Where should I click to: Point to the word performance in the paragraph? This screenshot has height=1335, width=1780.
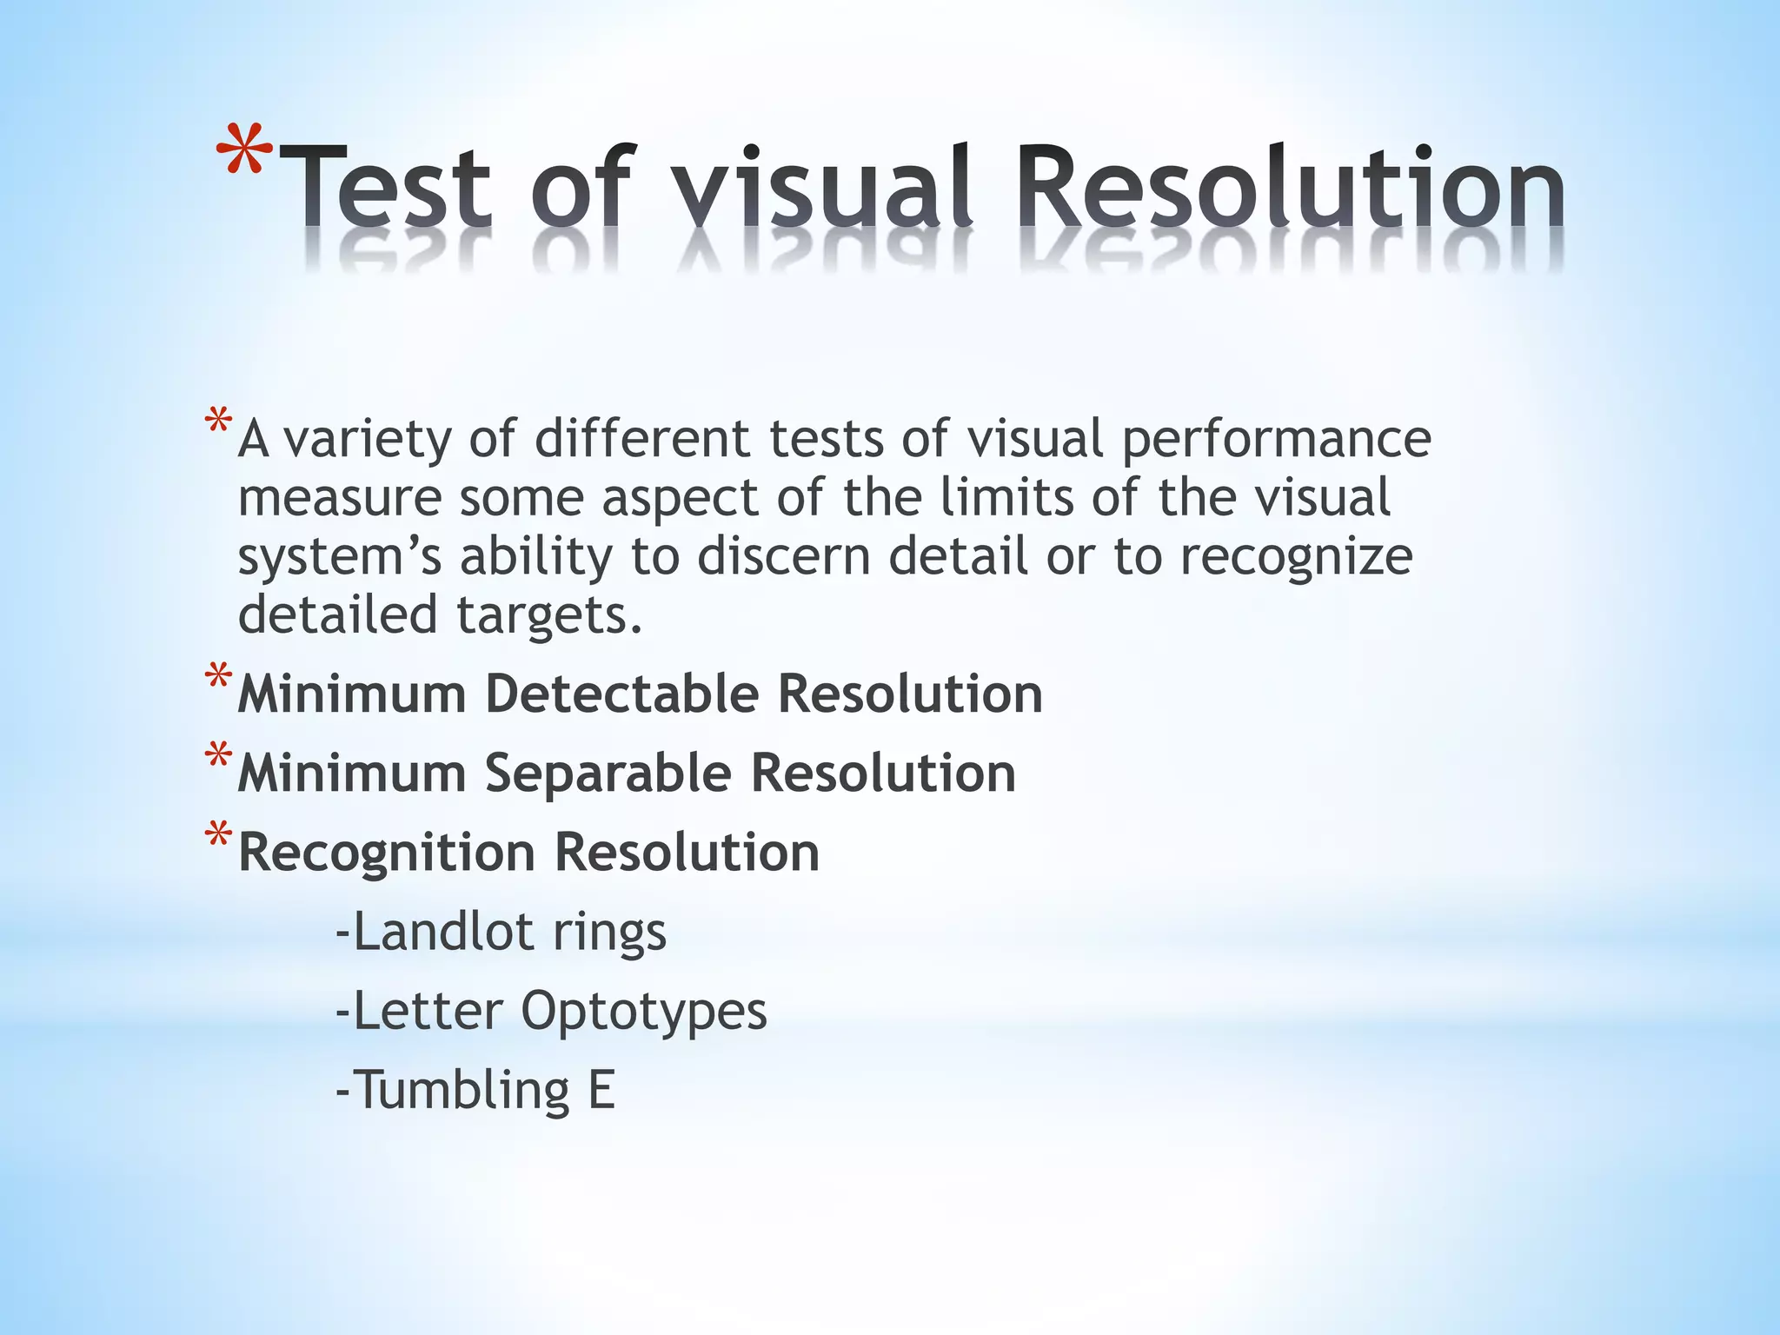pyautogui.click(x=1276, y=441)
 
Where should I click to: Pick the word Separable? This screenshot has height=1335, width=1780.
pyautogui.click(x=608, y=774)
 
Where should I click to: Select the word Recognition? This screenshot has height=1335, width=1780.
pyautogui.click(x=387, y=853)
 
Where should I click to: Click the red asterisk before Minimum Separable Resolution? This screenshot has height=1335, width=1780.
pyautogui.click(x=219, y=757)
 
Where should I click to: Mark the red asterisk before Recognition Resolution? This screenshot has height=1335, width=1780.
pyautogui.click(x=219, y=836)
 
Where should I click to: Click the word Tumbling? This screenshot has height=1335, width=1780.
pyautogui.click(x=462, y=1091)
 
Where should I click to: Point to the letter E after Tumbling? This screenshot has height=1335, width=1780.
pyautogui.click(x=601, y=1090)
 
